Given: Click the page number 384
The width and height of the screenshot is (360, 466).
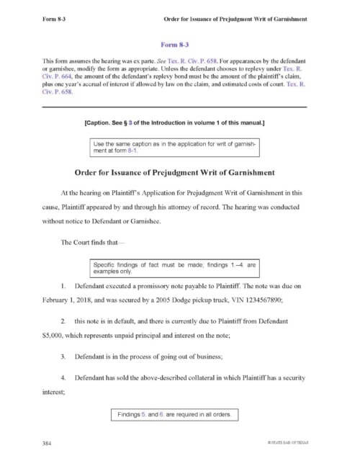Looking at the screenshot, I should click(x=47, y=442).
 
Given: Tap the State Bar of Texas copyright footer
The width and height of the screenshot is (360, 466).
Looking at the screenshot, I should click(x=285, y=442).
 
